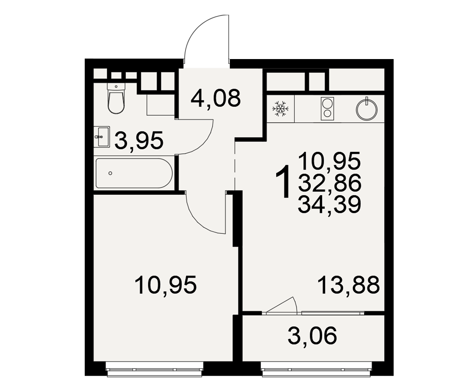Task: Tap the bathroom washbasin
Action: [x=101, y=137]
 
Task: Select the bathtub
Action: [x=134, y=173]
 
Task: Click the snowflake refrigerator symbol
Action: [x=280, y=109]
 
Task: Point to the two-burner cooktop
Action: [x=327, y=109]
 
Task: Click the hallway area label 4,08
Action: [x=216, y=98]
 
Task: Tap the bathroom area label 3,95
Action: [x=139, y=140]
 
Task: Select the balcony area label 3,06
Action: [x=312, y=335]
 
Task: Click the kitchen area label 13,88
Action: [x=348, y=285]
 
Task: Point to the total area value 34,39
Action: [x=329, y=204]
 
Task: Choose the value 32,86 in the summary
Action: [x=329, y=183]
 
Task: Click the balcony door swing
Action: [x=281, y=304]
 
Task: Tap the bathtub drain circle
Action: [x=110, y=173]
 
